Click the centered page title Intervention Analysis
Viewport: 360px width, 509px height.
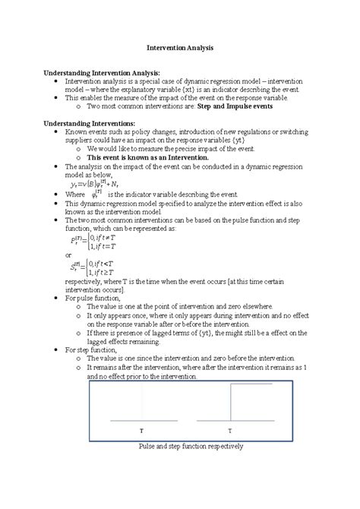click(x=180, y=47)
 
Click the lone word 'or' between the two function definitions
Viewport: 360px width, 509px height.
click(x=69, y=255)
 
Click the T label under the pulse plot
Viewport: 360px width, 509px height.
click(x=141, y=430)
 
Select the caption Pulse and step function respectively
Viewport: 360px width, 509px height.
click(x=180, y=447)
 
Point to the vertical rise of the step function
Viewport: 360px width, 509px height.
click(x=231, y=403)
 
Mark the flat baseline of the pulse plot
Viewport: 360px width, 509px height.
click(x=141, y=420)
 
